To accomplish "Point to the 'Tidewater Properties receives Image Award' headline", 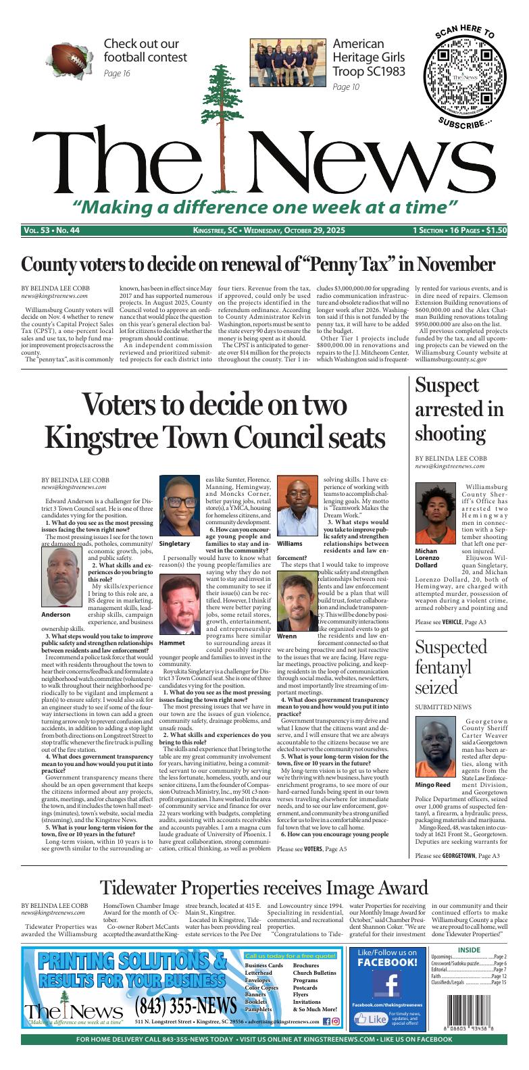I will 264,887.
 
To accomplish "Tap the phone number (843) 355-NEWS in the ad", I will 185,1007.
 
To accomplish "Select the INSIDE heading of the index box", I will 468,950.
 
